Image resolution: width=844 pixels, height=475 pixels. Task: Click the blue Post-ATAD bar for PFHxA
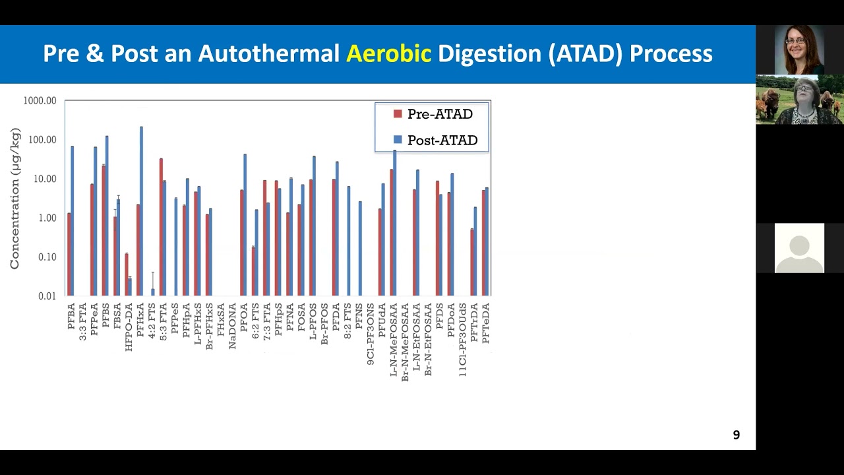(x=141, y=211)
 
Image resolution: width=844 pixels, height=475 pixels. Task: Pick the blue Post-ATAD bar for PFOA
(x=245, y=225)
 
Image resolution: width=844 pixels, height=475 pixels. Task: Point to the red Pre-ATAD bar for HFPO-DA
(x=127, y=274)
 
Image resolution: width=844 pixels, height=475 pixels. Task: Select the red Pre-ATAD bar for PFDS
(x=437, y=238)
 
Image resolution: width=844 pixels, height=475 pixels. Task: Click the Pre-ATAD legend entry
(x=433, y=114)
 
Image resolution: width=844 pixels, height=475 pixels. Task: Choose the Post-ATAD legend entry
(x=435, y=140)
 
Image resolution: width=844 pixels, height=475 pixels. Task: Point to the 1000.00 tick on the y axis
(x=40, y=101)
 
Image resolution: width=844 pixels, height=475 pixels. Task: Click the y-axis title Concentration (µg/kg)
(x=15, y=199)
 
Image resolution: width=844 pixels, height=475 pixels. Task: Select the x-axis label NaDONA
(x=233, y=326)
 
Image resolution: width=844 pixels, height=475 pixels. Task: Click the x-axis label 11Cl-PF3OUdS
(x=463, y=340)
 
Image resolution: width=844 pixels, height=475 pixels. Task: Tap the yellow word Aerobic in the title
(x=388, y=53)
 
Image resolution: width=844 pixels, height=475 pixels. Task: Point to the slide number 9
(x=737, y=435)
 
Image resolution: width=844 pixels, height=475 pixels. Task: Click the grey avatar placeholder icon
(x=799, y=248)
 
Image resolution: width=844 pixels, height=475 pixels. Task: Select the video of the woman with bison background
(x=799, y=100)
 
